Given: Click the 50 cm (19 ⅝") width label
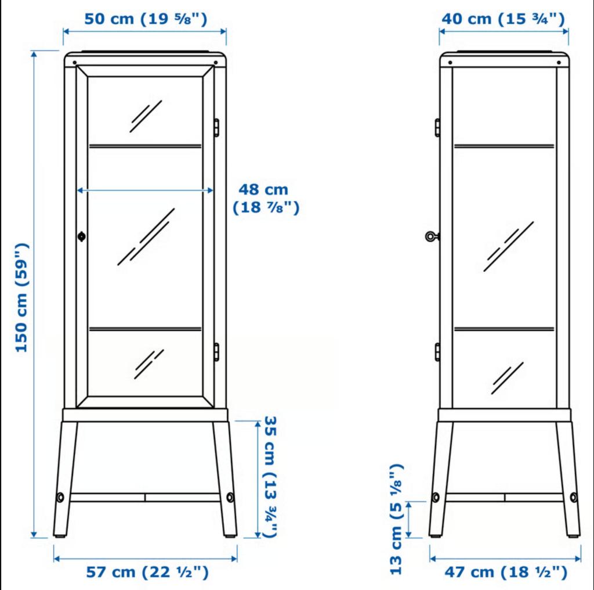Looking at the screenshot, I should click(145, 19).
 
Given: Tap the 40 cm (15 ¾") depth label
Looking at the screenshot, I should click(503, 19).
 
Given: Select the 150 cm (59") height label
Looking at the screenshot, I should click(21, 297).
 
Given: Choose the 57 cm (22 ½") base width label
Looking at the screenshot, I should click(147, 573).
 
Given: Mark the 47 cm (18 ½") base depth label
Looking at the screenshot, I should click(506, 573).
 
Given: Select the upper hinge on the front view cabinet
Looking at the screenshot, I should click(216, 127).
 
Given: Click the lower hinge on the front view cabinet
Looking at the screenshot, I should click(216, 351).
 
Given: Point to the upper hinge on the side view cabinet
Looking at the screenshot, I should click(437, 127).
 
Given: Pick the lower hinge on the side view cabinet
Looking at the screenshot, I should click(437, 351).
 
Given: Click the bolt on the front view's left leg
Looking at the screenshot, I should click(60, 497).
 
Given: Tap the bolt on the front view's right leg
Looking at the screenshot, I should click(231, 497).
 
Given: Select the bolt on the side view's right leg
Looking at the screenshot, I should click(574, 497).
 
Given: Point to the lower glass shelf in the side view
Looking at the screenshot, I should click(504, 329).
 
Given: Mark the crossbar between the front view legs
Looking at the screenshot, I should click(145, 497).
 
